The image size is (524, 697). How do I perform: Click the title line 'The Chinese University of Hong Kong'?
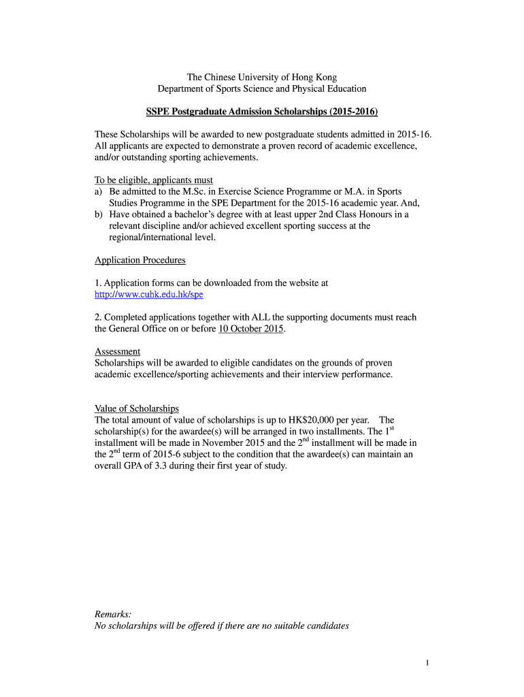tap(262, 78)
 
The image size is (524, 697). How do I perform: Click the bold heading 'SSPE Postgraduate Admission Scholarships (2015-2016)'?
tap(262, 112)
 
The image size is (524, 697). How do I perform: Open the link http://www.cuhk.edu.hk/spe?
tap(148, 295)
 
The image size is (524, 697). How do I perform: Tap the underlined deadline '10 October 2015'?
tap(250, 329)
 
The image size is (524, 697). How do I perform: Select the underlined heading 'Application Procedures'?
tap(140, 260)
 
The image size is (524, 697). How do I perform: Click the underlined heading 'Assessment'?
tap(117, 351)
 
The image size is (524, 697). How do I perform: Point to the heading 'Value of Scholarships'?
tap(136, 408)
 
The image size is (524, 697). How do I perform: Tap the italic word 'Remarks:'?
tap(113, 614)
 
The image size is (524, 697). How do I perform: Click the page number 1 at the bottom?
tap(426, 664)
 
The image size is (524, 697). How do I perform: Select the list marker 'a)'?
tap(99, 192)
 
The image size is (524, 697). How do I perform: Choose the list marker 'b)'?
tap(99, 214)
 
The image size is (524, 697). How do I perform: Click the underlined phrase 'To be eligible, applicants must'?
tap(153, 180)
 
